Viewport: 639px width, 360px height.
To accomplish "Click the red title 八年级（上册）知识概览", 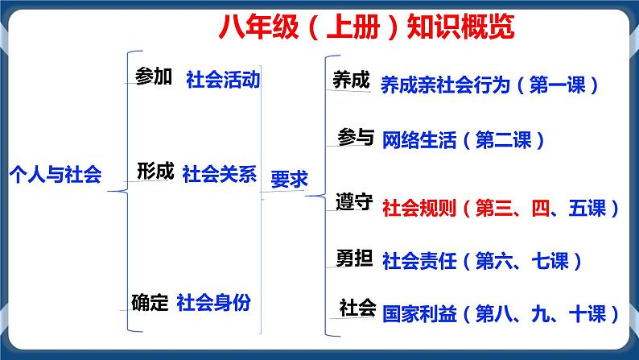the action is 366,27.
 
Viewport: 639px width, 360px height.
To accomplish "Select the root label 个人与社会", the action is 56,175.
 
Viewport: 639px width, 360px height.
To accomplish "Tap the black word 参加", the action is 154,77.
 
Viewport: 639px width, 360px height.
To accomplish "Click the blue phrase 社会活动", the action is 223,79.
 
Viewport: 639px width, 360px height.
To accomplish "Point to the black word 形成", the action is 155,171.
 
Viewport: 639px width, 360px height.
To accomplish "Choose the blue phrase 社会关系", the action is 219,174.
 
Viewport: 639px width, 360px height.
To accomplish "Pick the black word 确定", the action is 150,302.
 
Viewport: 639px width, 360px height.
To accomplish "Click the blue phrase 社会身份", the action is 213,302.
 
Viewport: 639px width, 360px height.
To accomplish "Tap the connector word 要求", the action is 290,179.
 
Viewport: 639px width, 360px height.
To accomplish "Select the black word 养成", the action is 351,80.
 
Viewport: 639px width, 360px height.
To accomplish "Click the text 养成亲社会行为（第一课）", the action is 490,85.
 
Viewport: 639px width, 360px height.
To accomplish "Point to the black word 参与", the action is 356,137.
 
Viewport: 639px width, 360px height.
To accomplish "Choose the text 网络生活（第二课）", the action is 464,140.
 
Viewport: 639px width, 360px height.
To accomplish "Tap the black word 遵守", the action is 354,202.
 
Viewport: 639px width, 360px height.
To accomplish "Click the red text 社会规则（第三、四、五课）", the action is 501,208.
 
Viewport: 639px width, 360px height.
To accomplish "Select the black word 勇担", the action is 354,258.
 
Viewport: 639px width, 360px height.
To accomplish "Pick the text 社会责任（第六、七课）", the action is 482,261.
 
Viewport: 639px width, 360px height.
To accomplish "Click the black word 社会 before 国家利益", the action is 357,308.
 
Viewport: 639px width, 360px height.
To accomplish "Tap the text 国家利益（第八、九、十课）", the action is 501,314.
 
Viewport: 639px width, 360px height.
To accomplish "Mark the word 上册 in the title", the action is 353,27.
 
